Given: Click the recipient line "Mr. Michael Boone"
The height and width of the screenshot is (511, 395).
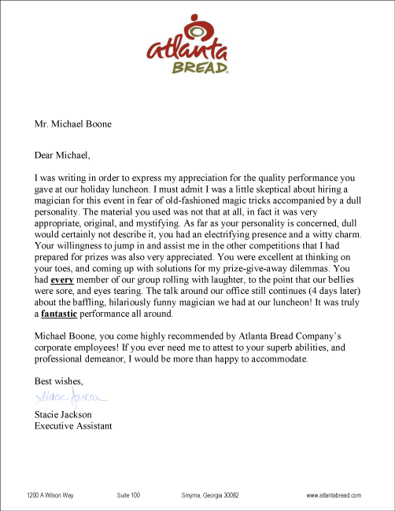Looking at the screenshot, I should pyautogui.click(x=72, y=123).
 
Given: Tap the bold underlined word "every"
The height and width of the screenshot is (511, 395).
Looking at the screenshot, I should pyautogui.click(x=65, y=279).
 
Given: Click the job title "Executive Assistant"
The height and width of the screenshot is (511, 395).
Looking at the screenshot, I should pyautogui.click(x=73, y=426).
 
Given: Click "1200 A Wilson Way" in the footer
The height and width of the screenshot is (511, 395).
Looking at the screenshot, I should pyautogui.click(x=50, y=495).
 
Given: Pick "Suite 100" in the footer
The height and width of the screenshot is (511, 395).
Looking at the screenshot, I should pyautogui.click(x=128, y=495).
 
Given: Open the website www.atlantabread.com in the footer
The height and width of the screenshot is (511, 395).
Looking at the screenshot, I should pyautogui.click(x=334, y=495).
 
